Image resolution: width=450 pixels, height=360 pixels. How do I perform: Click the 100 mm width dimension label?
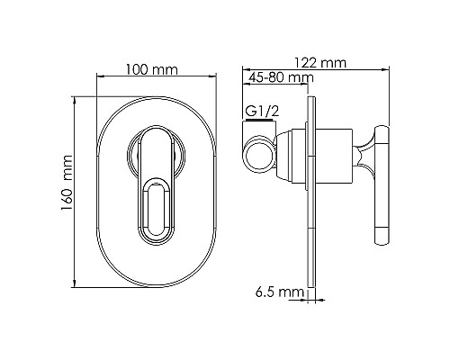[x=151, y=69]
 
